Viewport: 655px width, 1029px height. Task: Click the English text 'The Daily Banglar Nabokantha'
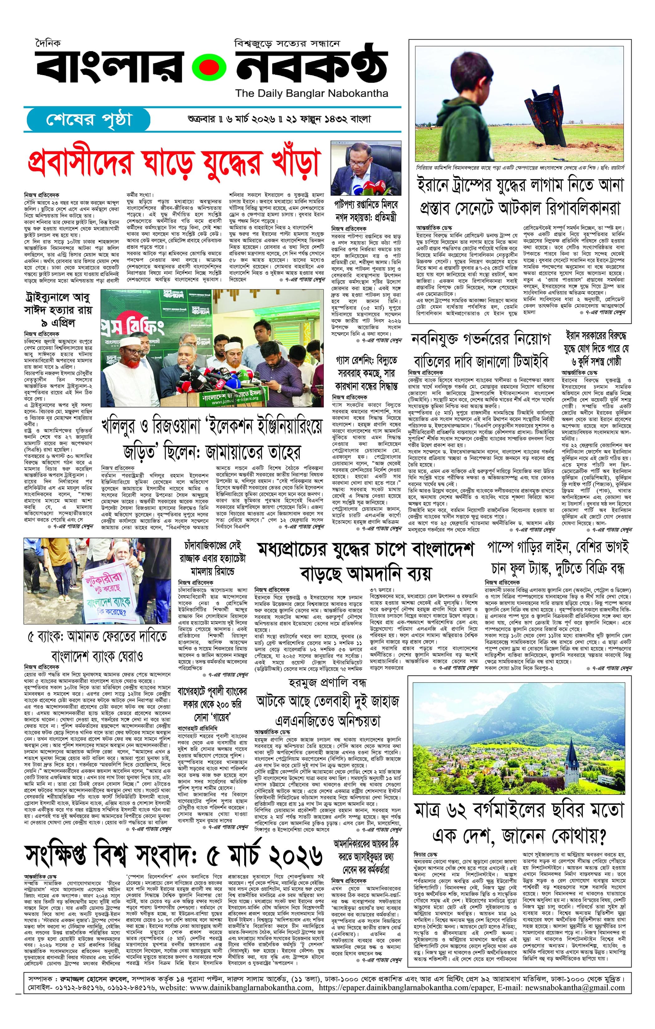311,93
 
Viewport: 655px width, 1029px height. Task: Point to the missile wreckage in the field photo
545,112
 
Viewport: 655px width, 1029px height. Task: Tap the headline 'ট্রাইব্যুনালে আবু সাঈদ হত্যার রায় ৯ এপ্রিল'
58,309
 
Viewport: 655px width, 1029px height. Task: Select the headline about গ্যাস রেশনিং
366,373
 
